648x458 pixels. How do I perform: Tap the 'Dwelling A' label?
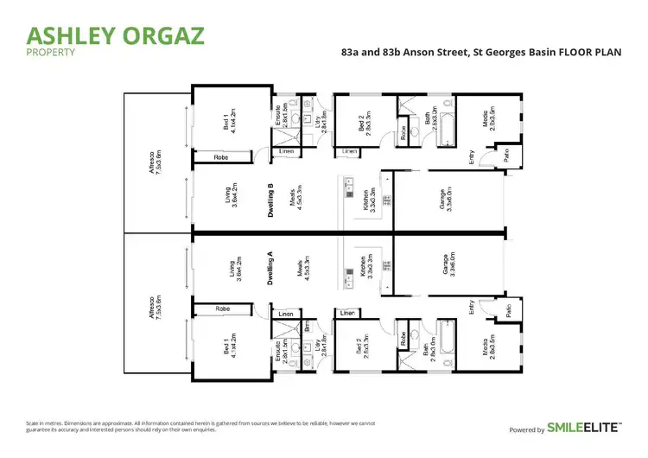click(270, 268)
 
